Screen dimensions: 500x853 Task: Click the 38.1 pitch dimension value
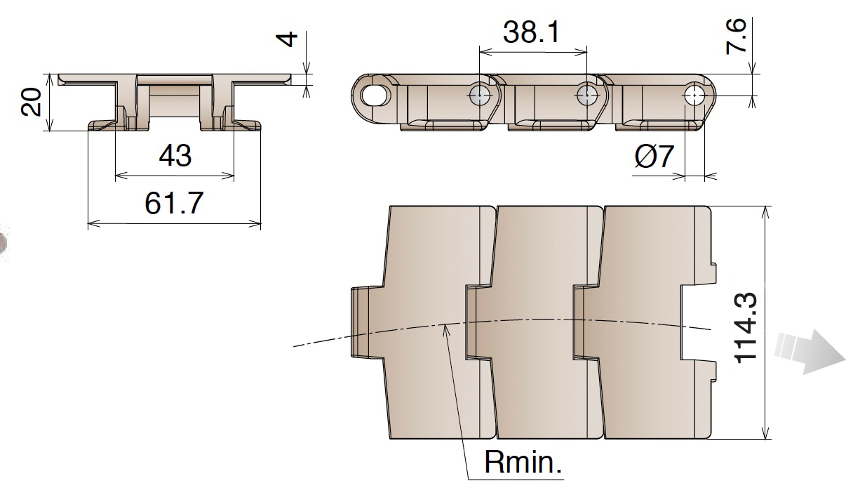click(x=532, y=32)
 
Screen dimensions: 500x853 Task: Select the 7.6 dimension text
click(x=737, y=37)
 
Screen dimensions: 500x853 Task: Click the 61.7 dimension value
click(x=174, y=204)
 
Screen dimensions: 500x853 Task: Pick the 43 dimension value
click(x=175, y=156)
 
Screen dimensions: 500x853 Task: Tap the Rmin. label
click(x=523, y=463)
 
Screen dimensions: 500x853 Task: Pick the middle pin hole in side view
click(x=586, y=95)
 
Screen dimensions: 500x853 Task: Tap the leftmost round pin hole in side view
click(x=479, y=95)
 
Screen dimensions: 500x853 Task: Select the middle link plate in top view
click(x=540, y=323)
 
